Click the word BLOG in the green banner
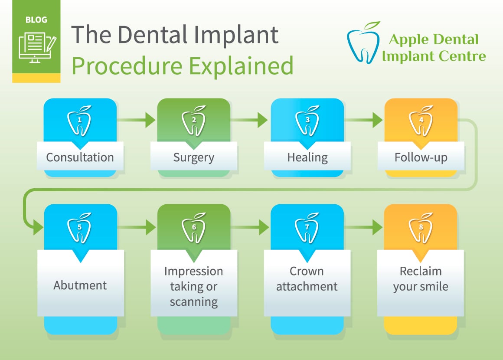coord(36,20)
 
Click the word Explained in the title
coord(241,66)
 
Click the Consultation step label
coord(80,157)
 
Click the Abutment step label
coord(80,285)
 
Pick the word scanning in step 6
coord(194,302)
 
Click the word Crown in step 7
coord(307,271)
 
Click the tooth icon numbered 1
coord(79,121)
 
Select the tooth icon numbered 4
coord(421,121)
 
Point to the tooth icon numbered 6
coord(193,228)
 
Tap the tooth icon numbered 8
coord(421,228)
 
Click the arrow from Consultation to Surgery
coord(136,120)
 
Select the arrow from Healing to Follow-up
coord(363,120)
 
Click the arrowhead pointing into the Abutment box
coord(38,227)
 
